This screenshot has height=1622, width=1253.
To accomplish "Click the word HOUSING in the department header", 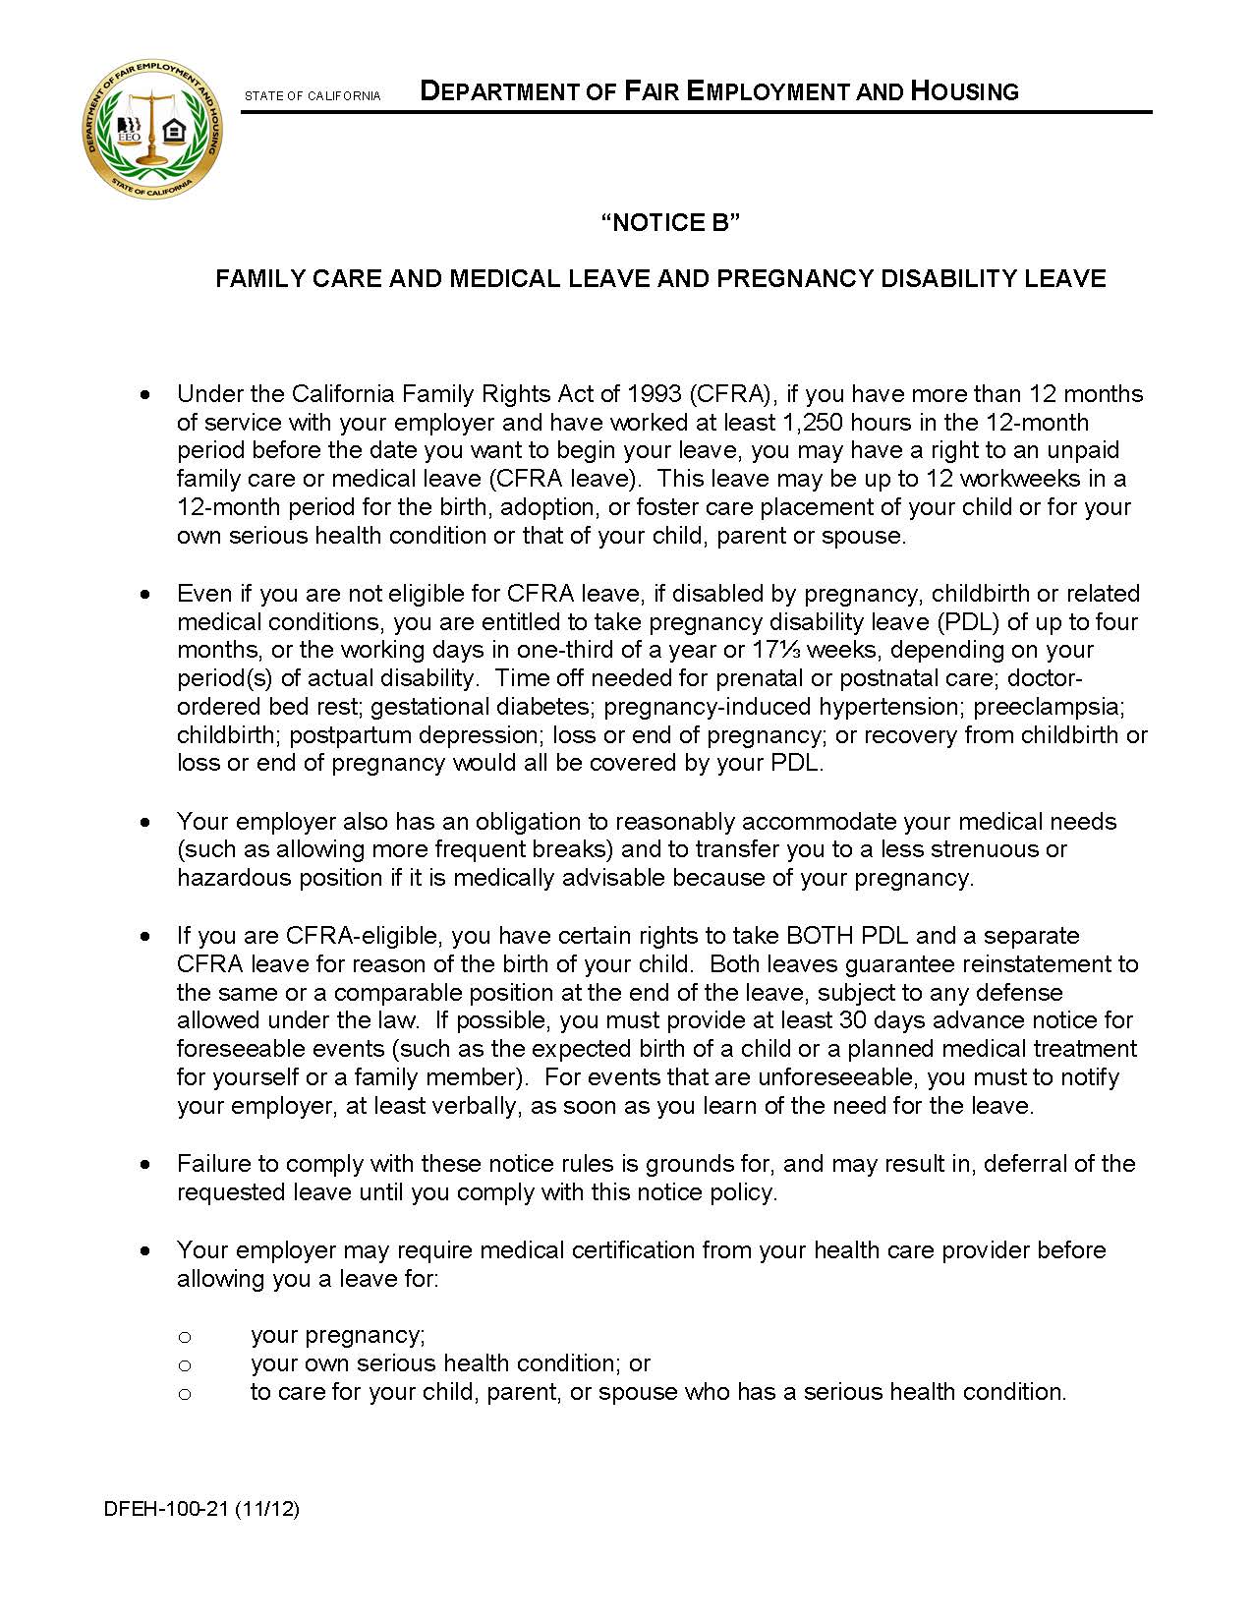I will pyautogui.click(x=964, y=92).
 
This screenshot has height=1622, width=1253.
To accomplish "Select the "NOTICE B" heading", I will pyautogui.click(x=669, y=223).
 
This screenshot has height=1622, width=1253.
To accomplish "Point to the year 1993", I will pyautogui.click(x=653, y=394).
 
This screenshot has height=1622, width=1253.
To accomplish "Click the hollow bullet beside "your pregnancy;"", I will pyautogui.click(x=184, y=1337).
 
